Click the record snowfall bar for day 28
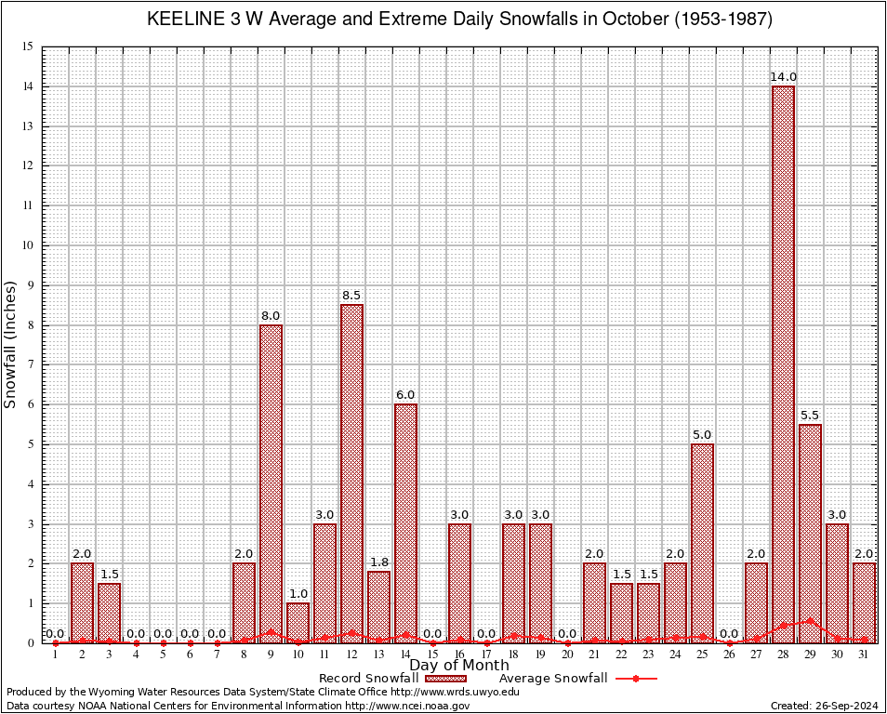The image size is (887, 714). tap(783, 363)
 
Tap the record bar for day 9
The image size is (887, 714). tap(271, 483)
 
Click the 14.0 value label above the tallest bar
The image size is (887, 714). tap(783, 76)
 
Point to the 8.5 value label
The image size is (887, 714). tap(351, 295)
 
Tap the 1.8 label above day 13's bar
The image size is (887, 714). tap(378, 562)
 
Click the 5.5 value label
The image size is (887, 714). tap(810, 415)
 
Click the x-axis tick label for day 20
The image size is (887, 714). tap(567, 654)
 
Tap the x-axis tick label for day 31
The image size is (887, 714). tap(864, 654)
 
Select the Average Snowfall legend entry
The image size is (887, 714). tap(576, 679)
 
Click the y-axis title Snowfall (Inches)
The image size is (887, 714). tap(11, 344)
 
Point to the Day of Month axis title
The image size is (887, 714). tap(458, 665)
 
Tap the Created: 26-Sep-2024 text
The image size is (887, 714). tap(824, 706)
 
